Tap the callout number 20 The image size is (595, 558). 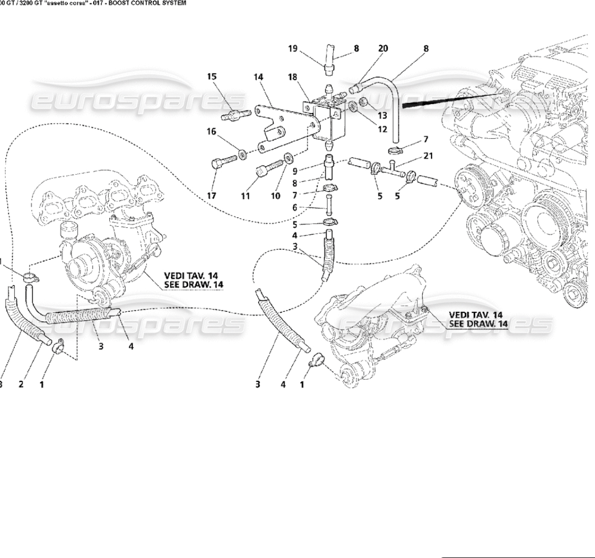pyautogui.click(x=383, y=48)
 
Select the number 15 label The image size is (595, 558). pyautogui.click(x=211, y=77)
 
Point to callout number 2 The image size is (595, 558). pyautogui.click(x=21, y=384)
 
